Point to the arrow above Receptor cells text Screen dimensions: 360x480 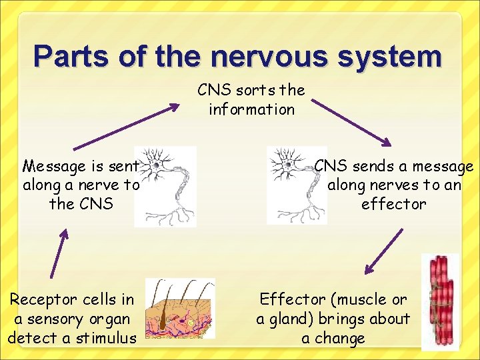pyautogui.click(x=59, y=253)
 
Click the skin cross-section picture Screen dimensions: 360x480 pyautogui.click(x=179, y=309)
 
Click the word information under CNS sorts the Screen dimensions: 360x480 pyautogui.click(x=251, y=109)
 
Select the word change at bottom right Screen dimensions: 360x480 pyautogui.click(x=342, y=338)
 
